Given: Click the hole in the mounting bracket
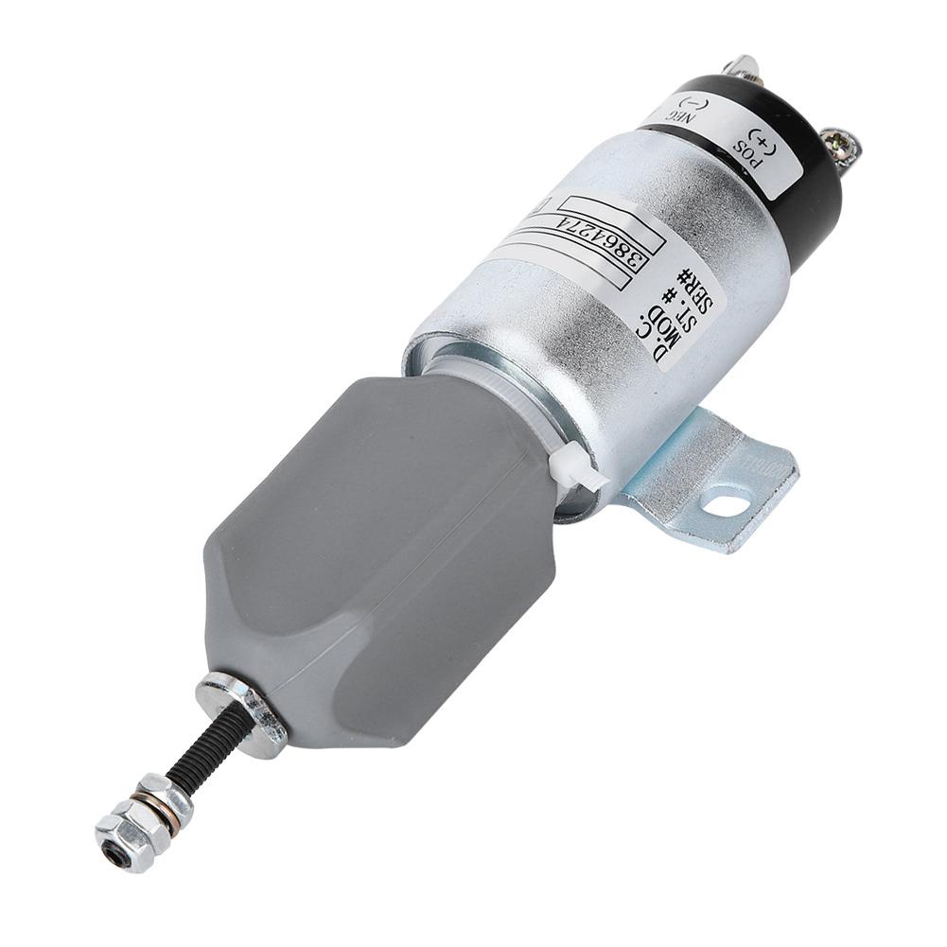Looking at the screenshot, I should click(x=726, y=504).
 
